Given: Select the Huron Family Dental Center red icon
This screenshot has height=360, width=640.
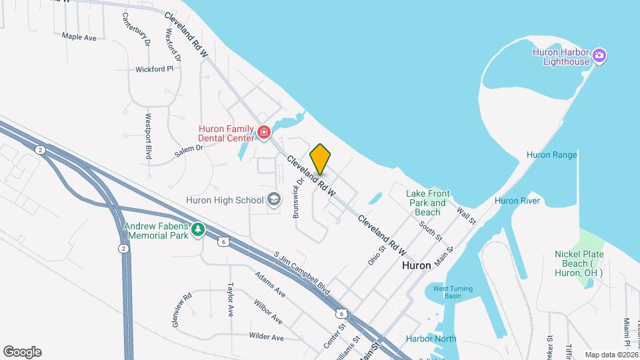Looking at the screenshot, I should click(263, 133).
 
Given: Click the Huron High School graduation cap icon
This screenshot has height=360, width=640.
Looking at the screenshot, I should click(273, 199).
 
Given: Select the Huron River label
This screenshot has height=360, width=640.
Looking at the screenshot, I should click(516, 201).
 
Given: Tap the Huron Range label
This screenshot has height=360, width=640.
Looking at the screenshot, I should click(551, 155).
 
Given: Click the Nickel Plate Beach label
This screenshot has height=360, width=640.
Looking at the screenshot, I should click(578, 263).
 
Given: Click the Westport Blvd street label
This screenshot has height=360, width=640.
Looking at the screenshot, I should click(149, 135).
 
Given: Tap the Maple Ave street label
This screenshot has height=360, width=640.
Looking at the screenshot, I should click(79, 37).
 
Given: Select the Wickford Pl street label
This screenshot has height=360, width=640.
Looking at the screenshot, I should click(154, 69).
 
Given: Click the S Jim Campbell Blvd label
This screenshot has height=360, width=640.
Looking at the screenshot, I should click(302, 273).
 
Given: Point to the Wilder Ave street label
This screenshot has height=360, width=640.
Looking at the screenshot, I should click(266, 337).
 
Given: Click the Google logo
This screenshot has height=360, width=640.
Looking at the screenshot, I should click(22, 351).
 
